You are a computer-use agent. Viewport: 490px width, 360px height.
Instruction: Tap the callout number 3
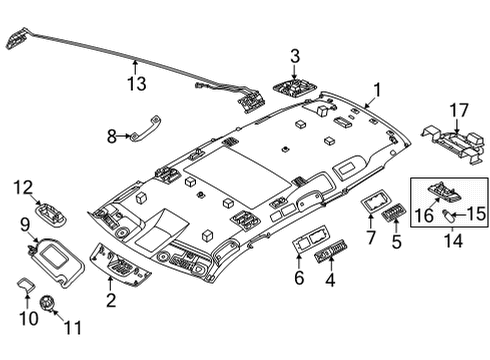295,56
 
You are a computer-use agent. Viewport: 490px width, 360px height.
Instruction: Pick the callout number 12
21,185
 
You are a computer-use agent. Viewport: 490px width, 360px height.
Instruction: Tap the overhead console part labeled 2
122,263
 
